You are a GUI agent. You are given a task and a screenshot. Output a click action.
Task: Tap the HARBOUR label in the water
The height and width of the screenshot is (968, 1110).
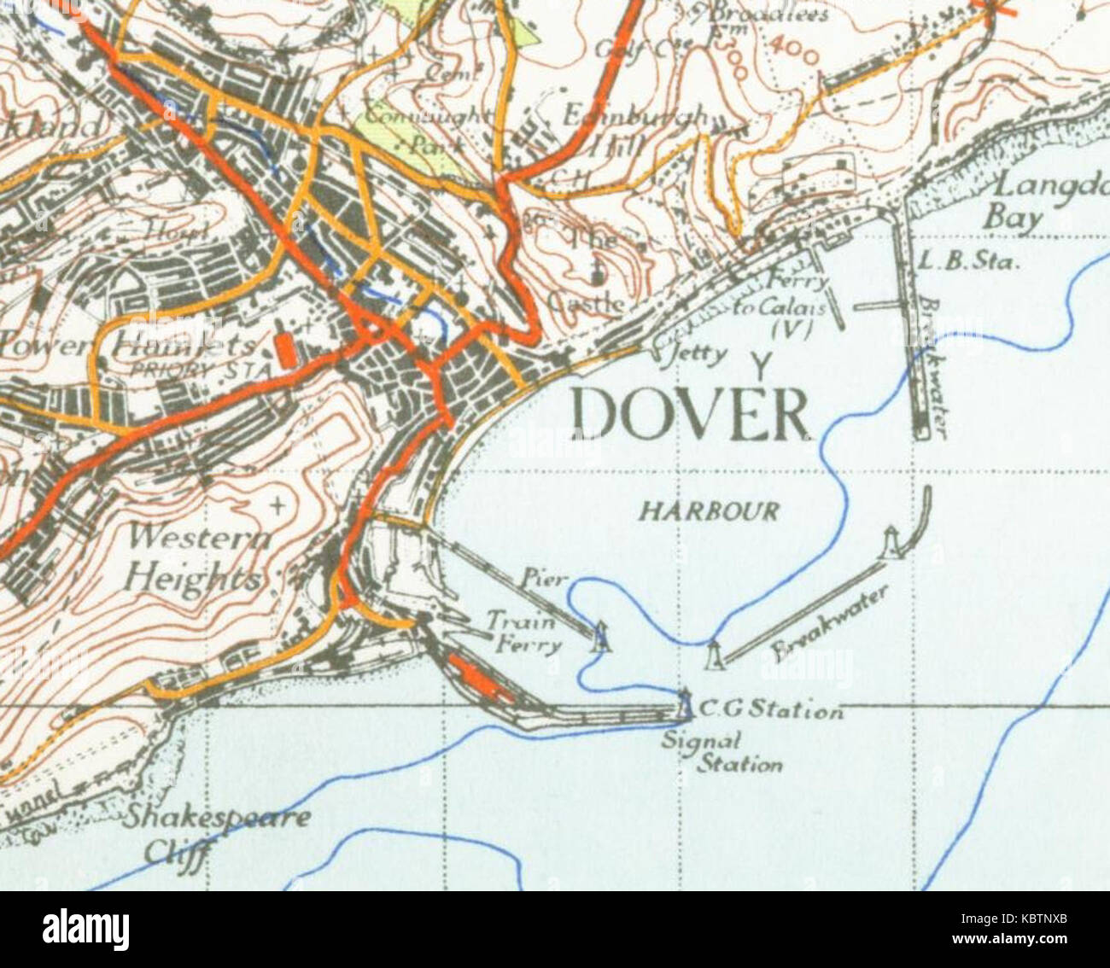[710, 511]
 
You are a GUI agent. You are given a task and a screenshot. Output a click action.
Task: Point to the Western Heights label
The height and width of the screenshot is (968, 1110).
[196, 558]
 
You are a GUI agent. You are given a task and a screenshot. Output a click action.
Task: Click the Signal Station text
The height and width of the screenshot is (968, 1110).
[722, 753]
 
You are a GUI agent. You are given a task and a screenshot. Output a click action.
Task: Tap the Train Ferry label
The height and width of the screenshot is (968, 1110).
[524, 633]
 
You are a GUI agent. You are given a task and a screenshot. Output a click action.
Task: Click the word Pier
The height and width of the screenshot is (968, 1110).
[544, 579]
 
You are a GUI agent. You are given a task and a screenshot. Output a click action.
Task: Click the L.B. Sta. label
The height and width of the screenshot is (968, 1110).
[968, 261]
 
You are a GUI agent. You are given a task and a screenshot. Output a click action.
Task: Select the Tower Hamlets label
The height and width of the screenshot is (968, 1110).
[128, 346]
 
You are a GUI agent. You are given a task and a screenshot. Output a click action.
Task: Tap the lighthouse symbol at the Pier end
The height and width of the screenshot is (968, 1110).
[602, 636]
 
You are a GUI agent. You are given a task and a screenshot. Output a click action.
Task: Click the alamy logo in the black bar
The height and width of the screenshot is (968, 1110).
[85, 930]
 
